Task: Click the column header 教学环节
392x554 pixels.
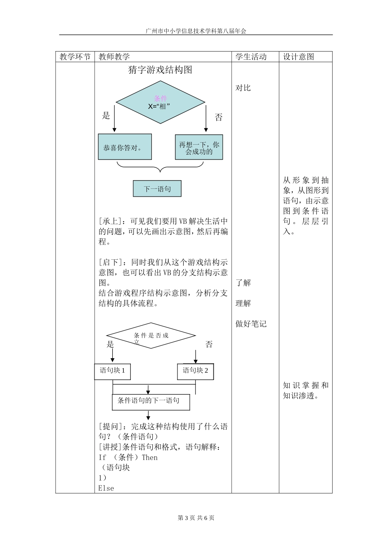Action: point(75,57)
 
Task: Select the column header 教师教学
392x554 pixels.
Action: point(114,57)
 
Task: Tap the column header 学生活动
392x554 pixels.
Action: point(251,57)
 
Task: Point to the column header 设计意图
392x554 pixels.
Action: point(298,57)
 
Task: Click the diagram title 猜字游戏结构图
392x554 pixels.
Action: point(160,70)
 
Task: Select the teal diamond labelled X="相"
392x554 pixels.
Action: point(160,103)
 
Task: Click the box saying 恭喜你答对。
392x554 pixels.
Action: point(125,147)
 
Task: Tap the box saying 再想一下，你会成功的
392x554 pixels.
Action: point(199,148)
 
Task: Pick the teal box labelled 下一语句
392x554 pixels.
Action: point(157,189)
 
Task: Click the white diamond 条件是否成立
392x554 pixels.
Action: point(151,336)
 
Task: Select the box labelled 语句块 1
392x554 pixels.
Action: point(113,371)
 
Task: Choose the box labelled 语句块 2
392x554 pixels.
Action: point(196,371)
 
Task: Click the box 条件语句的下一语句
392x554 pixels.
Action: point(151,401)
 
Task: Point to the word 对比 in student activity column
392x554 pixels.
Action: point(243,88)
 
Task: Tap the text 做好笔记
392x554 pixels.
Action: point(251,324)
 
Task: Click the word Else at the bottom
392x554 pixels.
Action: point(106,488)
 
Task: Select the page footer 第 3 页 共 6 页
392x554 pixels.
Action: point(196,518)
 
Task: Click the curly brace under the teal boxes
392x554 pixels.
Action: point(160,167)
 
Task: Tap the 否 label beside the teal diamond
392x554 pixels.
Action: point(219,117)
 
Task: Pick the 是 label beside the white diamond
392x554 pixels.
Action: point(110,344)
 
